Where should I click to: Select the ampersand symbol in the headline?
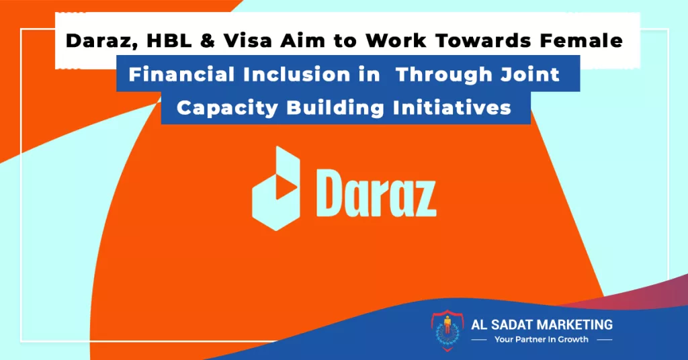pos(208,41)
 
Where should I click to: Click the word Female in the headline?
pos(581,41)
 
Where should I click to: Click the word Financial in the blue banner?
pos(181,75)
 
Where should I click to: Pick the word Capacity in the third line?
pos(227,108)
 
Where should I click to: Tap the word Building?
pos(335,108)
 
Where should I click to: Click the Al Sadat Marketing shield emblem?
pos(447,330)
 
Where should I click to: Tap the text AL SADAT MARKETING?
pos(542,325)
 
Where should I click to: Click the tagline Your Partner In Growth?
pos(542,339)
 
